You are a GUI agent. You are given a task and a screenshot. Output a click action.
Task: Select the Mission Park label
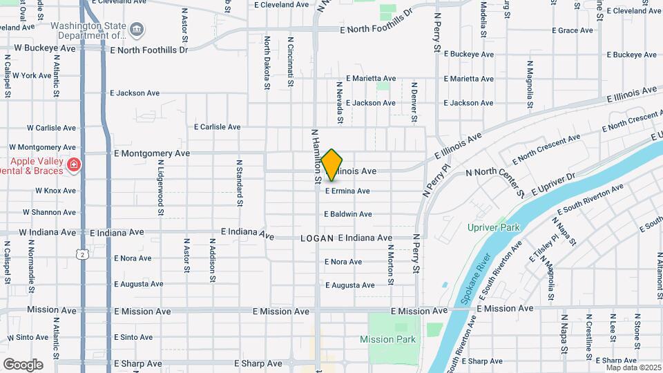click(387, 339)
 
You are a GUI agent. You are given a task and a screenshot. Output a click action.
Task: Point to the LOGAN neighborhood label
click(318, 238)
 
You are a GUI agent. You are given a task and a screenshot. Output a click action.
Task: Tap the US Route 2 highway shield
click(82, 255)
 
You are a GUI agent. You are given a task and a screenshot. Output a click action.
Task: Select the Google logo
click(23, 364)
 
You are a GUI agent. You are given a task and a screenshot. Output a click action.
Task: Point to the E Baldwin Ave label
click(348, 214)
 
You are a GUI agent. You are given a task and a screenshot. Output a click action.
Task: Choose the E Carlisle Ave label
click(217, 127)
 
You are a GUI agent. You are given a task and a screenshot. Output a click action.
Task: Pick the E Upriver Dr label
click(552, 184)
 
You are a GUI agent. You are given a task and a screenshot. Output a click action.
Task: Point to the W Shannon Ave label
click(49, 213)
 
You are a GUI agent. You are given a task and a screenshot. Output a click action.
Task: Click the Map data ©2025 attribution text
click(633, 367)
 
